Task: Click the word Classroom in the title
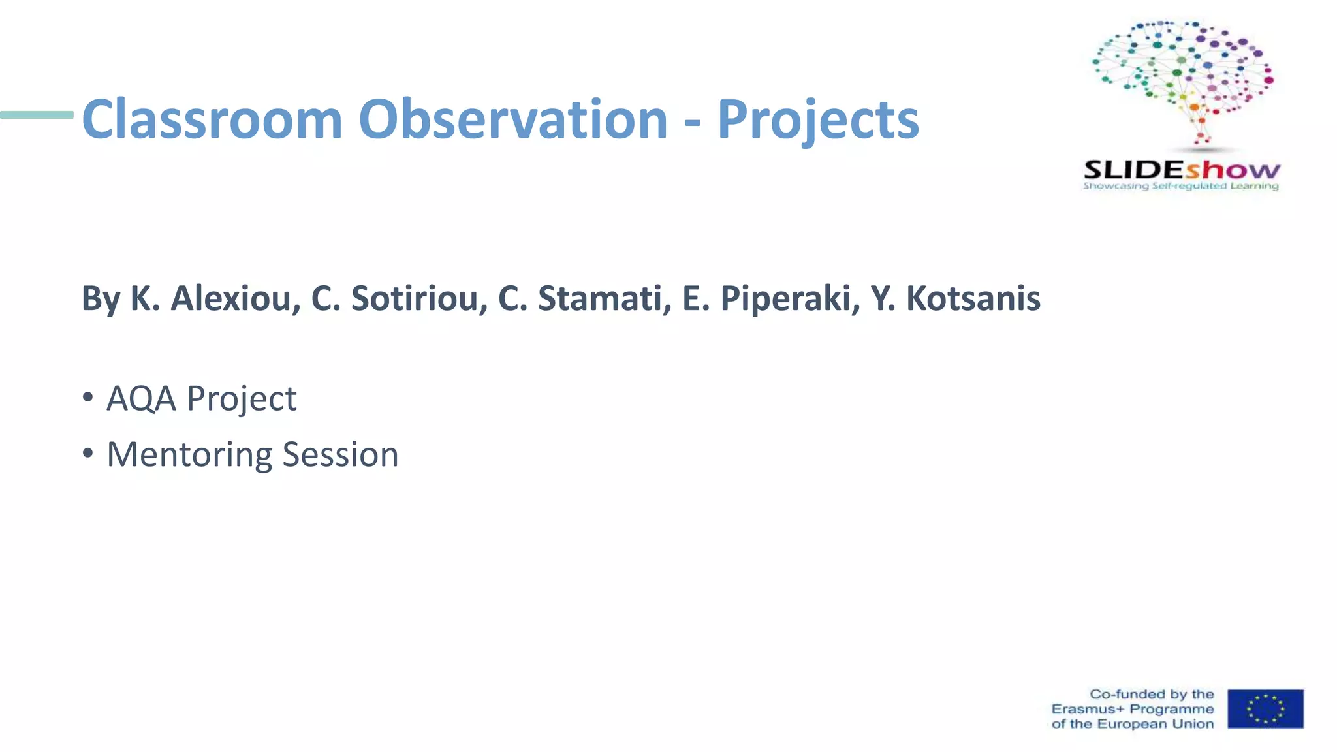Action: [x=212, y=119]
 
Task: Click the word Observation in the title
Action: [x=513, y=119]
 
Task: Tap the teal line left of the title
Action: [x=37, y=115]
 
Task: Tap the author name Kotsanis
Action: [x=973, y=298]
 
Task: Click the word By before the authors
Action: [x=101, y=300]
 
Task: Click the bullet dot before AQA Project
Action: [x=88, y=398]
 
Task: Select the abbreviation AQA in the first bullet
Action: [x=142, y=399]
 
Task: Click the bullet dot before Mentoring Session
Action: [x=88, y=454]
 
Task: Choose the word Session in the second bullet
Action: [x=340, y=454]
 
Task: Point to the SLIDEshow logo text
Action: [x=1182, y=170]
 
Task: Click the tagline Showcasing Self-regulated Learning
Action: [x=1180, y=187]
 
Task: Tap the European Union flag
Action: [x=1265, y=709]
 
